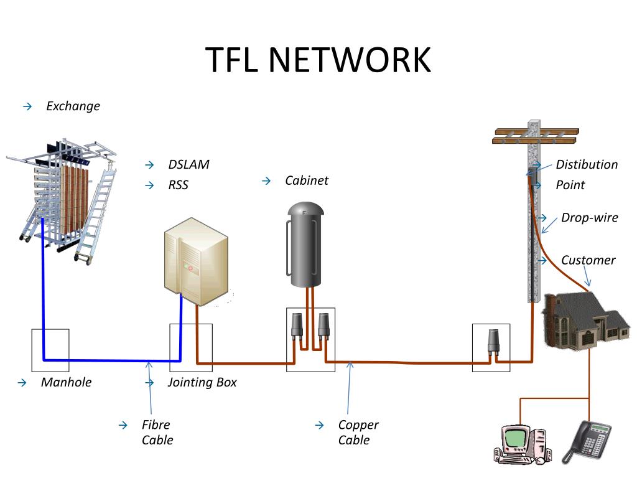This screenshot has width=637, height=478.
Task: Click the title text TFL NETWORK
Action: click(x=318, y=60)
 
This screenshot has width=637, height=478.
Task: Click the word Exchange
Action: click(x=73, y=106)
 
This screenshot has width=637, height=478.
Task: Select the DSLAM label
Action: click(x=188, y=164)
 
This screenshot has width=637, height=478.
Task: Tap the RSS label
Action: click(x=178, y=185)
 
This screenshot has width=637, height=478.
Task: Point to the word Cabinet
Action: click(x=307, y=180)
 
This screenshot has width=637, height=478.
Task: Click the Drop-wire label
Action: click(x=589, y=217)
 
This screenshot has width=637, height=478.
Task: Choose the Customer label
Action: click(x=588, y=260)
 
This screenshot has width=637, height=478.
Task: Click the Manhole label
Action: click(x=66, y=382)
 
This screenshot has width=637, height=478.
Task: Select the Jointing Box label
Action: click(x=202, y=382)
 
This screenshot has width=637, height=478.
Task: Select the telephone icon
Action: click(x=588, y=441)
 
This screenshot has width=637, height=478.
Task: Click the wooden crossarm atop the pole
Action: click(x=535, y=136)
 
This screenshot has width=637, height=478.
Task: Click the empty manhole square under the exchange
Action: click(x=50, y=350)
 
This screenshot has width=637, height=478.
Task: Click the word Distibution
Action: click(x=587, y=164)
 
